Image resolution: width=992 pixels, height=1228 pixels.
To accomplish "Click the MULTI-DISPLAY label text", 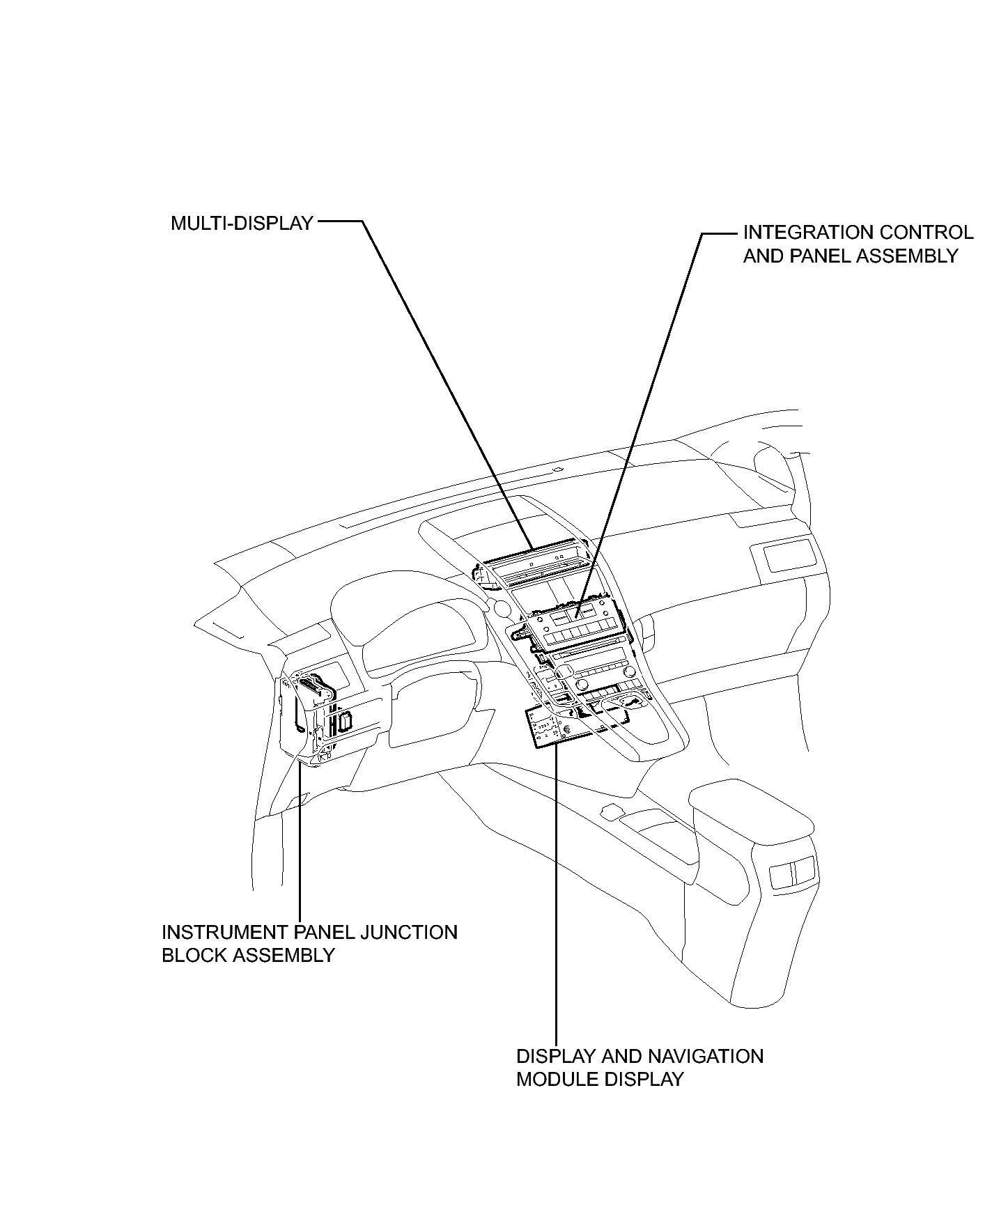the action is [x=242, y=223].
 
